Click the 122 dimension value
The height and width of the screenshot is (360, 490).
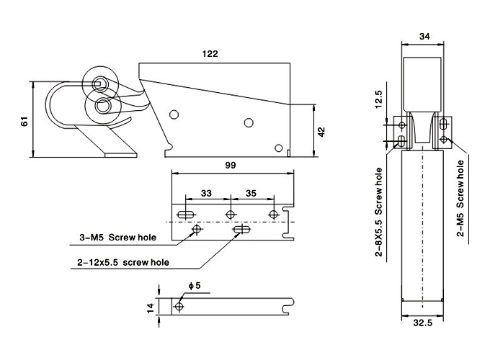pyautogui.click(x=210, y=54)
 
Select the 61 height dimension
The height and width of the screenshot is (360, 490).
pyautogui.click(x=24, y=122)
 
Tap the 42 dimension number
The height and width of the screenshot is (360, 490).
pyautogui.click(x=321, y=132)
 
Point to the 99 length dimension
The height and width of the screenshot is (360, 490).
pyautogui.click(x=231, y=166)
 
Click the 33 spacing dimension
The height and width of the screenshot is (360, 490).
pyautogui.click(x=206, y=194)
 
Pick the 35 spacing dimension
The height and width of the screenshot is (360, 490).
pyautogui.click(x=251, y=194)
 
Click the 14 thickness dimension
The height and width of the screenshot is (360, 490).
pyautogui.click(x=151, y=308)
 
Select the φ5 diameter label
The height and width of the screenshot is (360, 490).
pyautogui.click(x=195, y=286)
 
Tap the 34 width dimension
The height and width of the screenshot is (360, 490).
pyautogui.click(x=424, y=37)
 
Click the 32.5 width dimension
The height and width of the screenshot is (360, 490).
pyautogui.click(x=423, y=323)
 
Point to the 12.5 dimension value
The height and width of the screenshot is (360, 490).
pyautogui.click(x=378, y=99)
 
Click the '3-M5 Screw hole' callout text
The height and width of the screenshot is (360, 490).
pyautogui.click(x=117, y=238)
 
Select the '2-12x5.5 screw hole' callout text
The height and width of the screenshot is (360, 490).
pyautogui.click(x=123, y=262)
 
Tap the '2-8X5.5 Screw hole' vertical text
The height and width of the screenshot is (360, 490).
pyautogui.click(x=378, y=212)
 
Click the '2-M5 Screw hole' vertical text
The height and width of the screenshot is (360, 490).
pyautogui.click(x=460, y=198)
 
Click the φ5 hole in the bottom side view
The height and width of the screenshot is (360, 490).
pyautogui.click(x=179, y=306)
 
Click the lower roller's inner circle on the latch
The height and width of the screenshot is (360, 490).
pyautogui.click(x=102, y=106)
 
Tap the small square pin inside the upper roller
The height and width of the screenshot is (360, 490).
pyautogui.click(x=98, y=84)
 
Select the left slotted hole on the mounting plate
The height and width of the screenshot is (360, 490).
pyautogui.click(x=186, y=215)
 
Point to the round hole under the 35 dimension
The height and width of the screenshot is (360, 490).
pyautogui.click(x=273, y=215)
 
